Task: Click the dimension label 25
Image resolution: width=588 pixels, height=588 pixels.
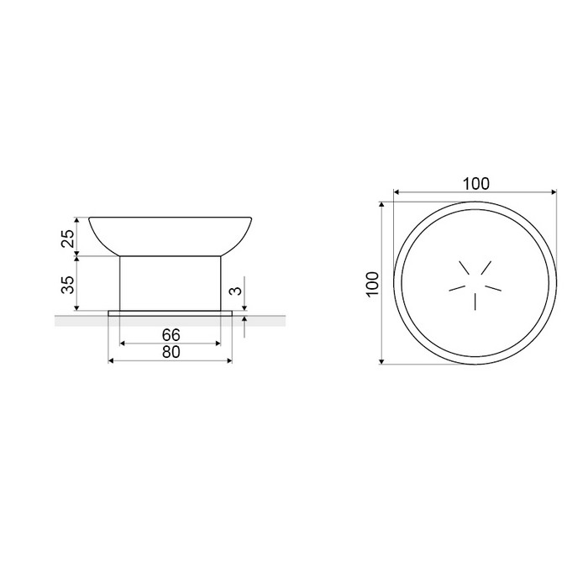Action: (68, 238)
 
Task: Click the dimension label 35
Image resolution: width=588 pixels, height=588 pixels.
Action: (68, 285)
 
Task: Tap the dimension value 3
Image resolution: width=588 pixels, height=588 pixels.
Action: (235, 291)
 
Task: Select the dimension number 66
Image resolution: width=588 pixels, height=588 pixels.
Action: (171, 334)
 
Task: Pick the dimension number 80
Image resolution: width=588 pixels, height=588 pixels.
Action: (171, 352)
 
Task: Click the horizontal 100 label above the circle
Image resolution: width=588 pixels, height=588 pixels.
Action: (476, 184)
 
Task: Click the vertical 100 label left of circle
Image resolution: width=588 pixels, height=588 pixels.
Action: (373, 284)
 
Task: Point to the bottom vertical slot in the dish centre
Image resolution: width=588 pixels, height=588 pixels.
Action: (475, 302)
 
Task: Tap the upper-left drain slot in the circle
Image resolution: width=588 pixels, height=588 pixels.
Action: (465, 268)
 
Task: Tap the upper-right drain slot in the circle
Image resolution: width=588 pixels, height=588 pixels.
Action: (486, 267)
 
